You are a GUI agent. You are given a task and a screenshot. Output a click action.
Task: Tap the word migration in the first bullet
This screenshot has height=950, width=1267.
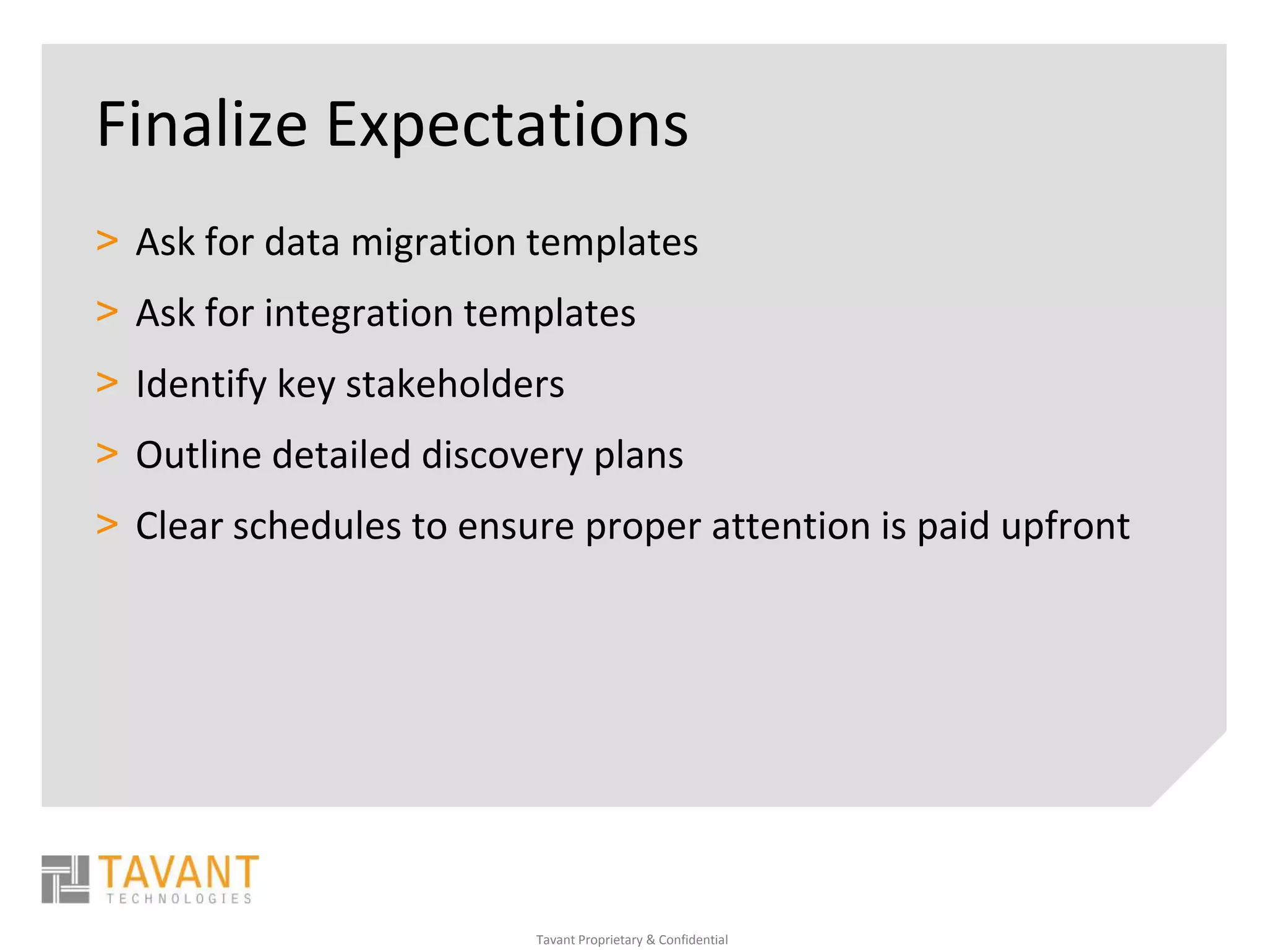(433, 242)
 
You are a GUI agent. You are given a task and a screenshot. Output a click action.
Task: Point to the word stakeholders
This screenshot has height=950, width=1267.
(455, 384)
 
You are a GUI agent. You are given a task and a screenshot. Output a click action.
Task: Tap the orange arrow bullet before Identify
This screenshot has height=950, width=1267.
(107, 382)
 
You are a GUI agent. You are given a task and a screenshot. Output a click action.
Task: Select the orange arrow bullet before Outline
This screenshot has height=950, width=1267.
(107, 453)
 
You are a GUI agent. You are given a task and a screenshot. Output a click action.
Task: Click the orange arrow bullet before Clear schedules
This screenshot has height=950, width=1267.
(107, 524)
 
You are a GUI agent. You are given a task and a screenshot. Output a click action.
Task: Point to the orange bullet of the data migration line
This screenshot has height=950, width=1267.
(107, 241)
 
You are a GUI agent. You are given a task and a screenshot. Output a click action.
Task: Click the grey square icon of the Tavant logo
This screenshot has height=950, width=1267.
(65, 879)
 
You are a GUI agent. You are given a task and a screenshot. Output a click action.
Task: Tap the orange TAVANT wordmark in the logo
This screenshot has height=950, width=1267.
(178, 872)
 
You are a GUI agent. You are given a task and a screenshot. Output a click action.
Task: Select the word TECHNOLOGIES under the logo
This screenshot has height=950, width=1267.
(179, 899)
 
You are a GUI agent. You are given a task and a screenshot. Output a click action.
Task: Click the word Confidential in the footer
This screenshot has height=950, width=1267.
(693, 939)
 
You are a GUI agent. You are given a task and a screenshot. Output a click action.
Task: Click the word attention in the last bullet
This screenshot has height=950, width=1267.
(791, 526)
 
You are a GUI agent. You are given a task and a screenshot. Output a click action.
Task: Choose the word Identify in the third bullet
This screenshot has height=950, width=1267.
(201, 385)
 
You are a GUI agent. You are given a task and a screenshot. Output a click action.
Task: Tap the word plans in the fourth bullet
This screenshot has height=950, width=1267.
(638, 456)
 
